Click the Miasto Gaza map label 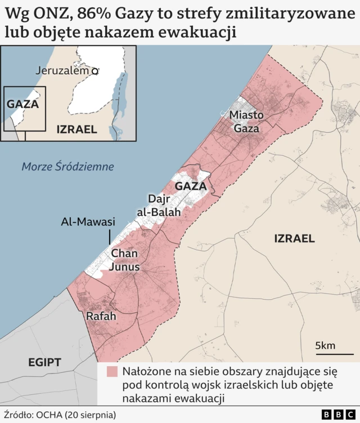[246, 121]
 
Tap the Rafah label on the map [101, 317]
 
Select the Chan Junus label [124, 260]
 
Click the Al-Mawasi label [88, 222]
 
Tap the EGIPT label [44, 362]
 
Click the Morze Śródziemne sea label [67, 166]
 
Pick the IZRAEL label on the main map [294, 238]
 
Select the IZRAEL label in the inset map [77, 129]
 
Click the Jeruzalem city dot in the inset [96, 71]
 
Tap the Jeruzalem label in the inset [62, 71]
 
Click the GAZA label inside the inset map [22, 104]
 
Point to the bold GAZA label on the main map [191, 186]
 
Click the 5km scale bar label [325, 345]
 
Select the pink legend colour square [112, 372]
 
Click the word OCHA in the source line [49, 415]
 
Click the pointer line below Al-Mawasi [110, 237]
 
